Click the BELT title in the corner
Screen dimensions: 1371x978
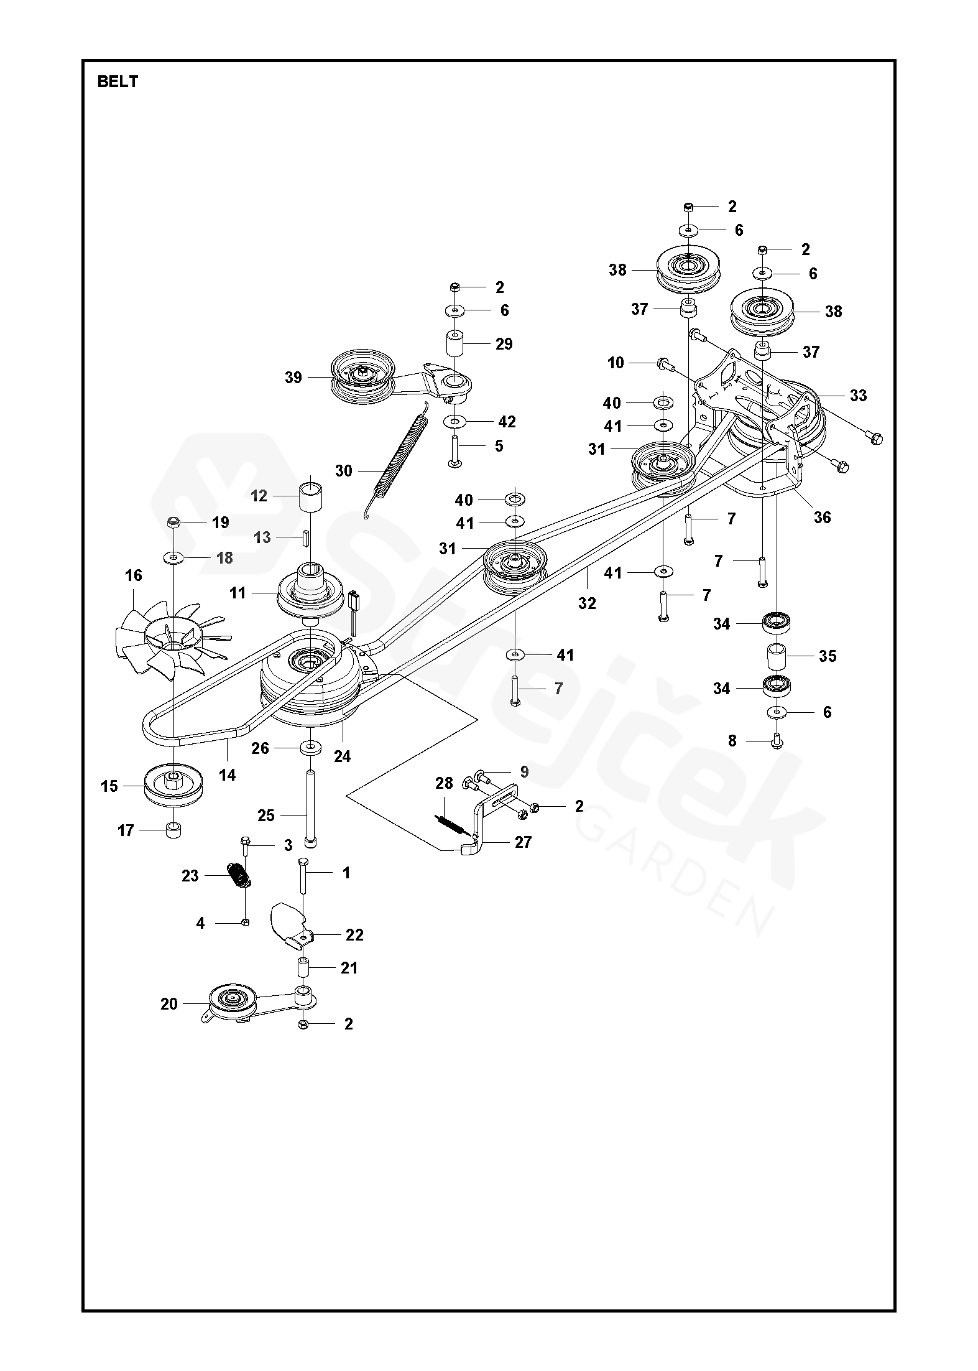click(x=118, y=81)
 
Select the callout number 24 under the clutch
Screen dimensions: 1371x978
click(x=342, y=756)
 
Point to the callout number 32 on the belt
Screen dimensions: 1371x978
click(x=587, y=602)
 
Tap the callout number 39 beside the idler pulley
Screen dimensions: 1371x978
click(x=293, y=378)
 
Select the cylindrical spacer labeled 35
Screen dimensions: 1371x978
click(x=777, y=656)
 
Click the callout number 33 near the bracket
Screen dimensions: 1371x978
click(x=858, y=395)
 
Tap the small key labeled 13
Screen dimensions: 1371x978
click(x=306, y=537)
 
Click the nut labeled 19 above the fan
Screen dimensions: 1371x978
click(x=173, y=523)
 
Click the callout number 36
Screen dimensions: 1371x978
click(x=822, y=517)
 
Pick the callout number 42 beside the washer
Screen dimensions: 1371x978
click(x=507, y=422)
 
